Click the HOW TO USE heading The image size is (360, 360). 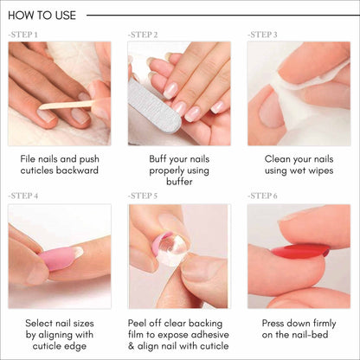tap(41, 15)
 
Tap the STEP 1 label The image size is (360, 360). tap(22, 35)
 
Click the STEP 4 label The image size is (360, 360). tap(22, 196)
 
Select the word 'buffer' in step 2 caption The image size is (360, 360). tap(179, 183)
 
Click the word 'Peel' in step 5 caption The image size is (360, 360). tap(140, 322)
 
